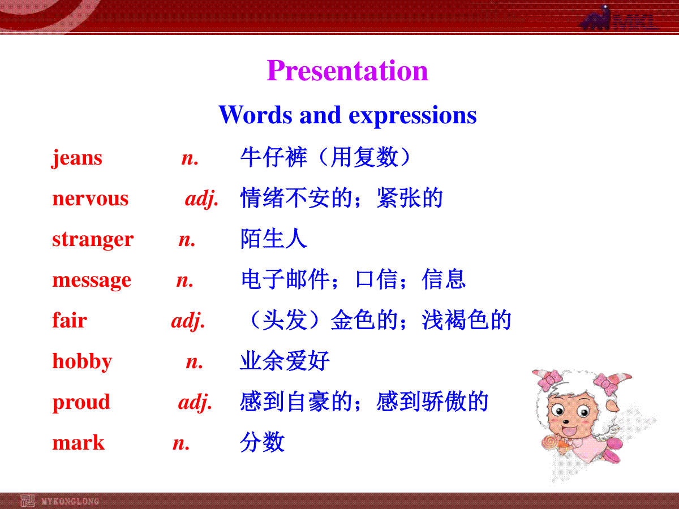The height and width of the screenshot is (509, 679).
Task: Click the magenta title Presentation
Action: tap(347, 71)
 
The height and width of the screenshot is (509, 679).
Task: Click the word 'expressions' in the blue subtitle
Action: tap(412, 115)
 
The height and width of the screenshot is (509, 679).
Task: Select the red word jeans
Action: tap(77, 158)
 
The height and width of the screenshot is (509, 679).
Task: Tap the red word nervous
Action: tap(91, 199)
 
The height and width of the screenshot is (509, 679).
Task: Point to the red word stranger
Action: tap(93, 240)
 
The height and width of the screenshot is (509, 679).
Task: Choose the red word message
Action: tap(92, 281)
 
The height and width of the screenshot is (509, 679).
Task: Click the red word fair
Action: tap(70, 320)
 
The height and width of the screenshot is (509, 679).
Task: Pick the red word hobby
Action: tap(82, 361)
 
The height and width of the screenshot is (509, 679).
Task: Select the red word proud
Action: tap(81, 402)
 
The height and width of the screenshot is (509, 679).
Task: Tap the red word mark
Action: tap(78, 443)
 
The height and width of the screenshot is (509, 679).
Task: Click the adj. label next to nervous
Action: tap(201, 199)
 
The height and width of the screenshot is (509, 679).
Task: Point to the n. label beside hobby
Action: tap(194, 362)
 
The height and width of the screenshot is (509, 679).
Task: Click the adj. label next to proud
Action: tap(195, 402)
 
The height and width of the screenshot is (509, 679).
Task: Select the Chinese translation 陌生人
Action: tap(274, 239)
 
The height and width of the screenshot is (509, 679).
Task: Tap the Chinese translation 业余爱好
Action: tap(285, 361)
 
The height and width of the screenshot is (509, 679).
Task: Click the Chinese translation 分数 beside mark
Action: tap(263, 442)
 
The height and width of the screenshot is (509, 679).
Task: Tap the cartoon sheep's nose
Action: tap(566, 421)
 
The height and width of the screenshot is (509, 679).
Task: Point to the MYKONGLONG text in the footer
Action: tap(70, 501)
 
